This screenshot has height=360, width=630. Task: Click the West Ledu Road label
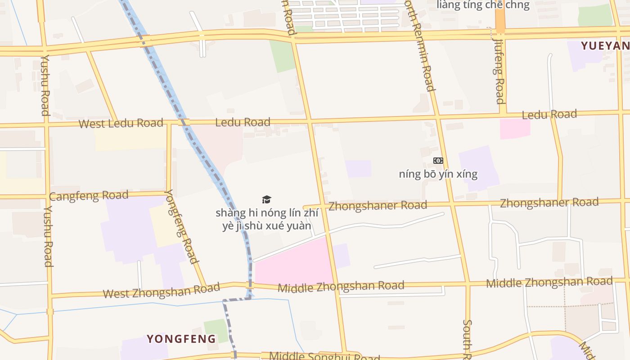pos(121,123)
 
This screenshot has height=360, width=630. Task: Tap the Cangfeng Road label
pos(89,196)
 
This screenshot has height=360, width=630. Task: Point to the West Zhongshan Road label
pos(161,291)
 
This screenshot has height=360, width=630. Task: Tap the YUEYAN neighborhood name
pos(605,46)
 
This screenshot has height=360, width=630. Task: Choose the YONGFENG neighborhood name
pos(181,339)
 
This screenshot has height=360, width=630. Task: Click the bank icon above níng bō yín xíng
pos(438,161)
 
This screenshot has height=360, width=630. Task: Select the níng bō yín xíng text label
pos(438,174)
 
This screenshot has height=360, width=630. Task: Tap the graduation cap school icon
pos(267,199)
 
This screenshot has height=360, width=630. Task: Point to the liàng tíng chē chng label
pos(483,5)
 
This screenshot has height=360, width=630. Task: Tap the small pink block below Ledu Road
pos(515,128)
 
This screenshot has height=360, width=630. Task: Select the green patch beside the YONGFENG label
pos(215,329)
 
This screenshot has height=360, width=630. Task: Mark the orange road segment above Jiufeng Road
pos(500,20)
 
